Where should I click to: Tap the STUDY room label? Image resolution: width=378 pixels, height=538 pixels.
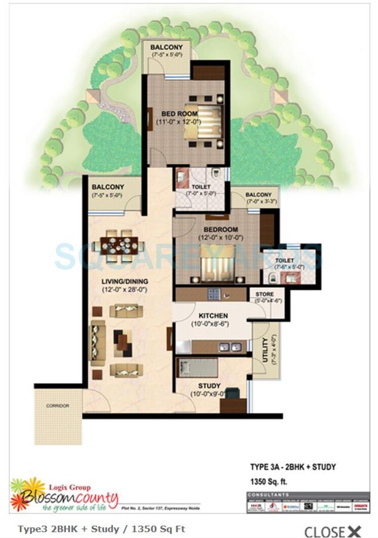coord(209,386)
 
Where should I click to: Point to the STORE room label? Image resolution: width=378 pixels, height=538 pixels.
coord(265,294)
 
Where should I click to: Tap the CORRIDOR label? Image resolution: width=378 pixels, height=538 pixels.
coord(57,406)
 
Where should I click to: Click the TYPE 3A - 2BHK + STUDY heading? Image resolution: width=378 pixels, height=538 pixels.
coord(293,467)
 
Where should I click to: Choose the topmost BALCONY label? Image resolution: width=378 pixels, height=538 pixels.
coord(166,47)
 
